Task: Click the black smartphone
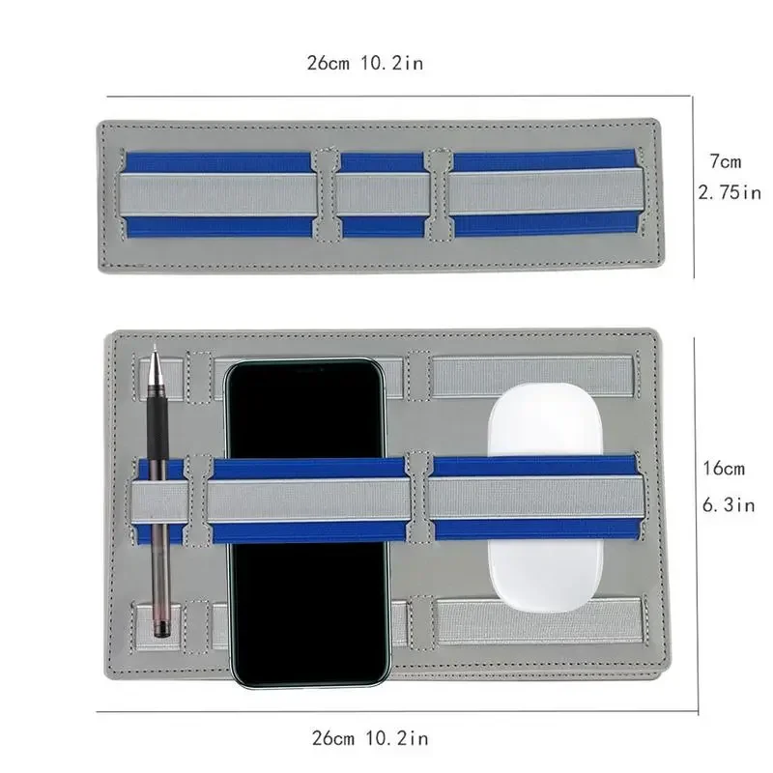[306, 523]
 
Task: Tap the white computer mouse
[545, 498]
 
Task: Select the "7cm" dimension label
[726, 161]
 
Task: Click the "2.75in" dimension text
[730, 192]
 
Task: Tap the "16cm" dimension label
[724, 468]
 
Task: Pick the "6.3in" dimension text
[729, 504]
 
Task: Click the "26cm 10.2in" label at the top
[365, 63]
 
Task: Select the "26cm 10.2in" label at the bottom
[370, 738]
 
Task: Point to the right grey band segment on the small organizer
[546, 191]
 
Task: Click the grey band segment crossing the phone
[308, 500]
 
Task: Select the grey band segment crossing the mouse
[536, 498]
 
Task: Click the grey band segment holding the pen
[159, 501]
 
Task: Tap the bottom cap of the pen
[161, 629]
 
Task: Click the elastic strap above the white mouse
[532, 376]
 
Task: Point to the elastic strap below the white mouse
[540, 621]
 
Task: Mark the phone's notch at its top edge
[305, 368]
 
